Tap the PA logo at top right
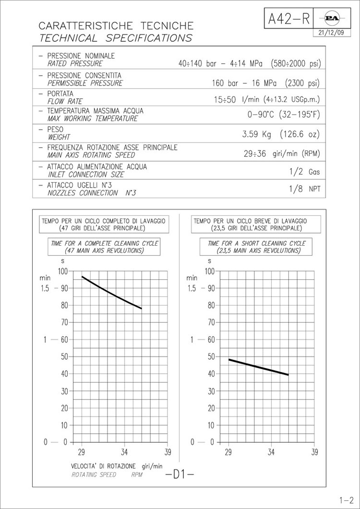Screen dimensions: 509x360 coord(332,18)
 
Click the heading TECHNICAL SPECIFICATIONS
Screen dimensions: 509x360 coord(115,38)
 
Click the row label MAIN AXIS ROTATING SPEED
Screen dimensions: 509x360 coord(91,155)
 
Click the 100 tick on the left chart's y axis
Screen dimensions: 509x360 coord(62,271)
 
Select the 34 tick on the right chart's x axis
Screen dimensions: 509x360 coord(271,452)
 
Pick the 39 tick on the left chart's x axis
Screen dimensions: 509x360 coord(168,452)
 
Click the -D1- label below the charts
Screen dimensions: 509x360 coord(179,474)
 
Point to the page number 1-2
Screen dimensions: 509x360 coord(345,500)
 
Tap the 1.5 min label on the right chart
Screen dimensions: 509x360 coord(192,288)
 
